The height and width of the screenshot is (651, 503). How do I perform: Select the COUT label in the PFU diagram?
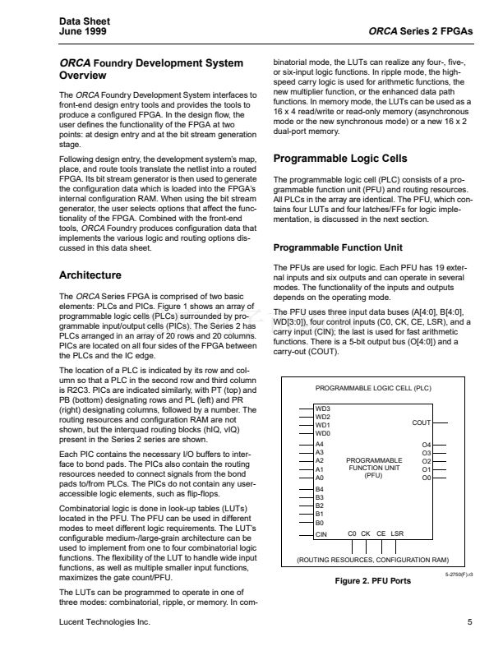pos(421,422)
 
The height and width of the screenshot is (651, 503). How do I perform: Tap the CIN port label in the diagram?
pos(322,535)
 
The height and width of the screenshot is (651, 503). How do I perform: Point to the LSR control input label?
pos(399,534)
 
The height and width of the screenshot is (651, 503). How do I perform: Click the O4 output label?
pos(426,445)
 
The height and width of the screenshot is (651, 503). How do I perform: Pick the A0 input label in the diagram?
pos(321,478)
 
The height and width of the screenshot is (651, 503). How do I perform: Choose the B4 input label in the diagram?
pos(321,491)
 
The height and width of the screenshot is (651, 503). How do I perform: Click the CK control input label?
pos(366,534)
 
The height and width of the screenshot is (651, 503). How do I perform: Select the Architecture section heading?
pos(90,275)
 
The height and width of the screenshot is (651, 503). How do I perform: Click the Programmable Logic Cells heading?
pos(339,158)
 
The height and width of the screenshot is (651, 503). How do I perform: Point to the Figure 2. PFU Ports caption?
pos(373,581)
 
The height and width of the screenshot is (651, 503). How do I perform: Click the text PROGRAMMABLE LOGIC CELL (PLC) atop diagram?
pos(374,387)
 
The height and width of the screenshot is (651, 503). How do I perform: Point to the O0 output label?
pos(426,478)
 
